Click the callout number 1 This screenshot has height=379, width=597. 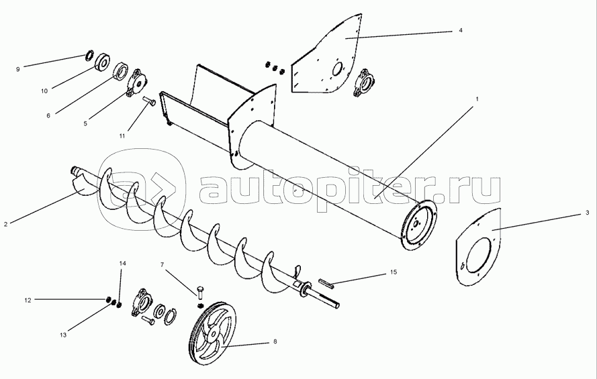[477, 99]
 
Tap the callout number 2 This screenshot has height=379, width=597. [5, 223]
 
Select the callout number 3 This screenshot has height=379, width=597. [587, 213]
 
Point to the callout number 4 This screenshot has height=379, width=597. [461, 30]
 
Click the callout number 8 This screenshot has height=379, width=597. [275, 341]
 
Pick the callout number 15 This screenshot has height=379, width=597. [394, 272]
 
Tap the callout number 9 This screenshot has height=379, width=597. [19, 68]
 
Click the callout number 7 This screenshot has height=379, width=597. [161, 266]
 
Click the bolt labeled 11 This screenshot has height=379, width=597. [150, 102]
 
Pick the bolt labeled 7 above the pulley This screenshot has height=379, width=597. [200, 292]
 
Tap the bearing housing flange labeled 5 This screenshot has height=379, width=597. [138, 83]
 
